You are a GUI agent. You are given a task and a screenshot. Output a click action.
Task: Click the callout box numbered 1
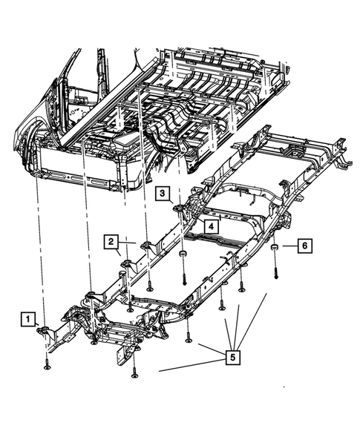pyautogui.click(x=27, y=319)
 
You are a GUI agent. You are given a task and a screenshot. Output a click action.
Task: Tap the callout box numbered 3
pyautogui.click(x=162, y=194)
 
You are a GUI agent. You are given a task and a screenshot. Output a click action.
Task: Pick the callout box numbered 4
pyautogui.click(x=210, y=226)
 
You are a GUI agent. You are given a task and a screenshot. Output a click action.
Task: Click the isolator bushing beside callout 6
pyautogui.click(x=274, y=248)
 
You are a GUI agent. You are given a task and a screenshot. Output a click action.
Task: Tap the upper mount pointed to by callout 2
pyautogui.click(x=145, y=246)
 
